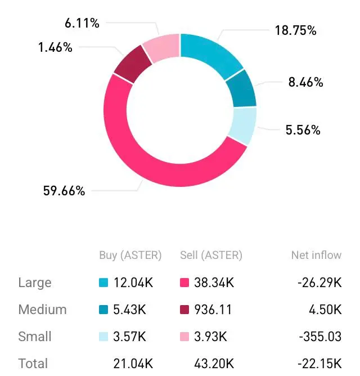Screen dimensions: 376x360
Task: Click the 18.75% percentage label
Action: [x=295, y=30]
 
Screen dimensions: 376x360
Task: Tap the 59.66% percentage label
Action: [x=64, y=191]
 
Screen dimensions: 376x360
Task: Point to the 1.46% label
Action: [x=55, y=47]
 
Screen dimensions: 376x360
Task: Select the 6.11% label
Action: [x=82, y=23]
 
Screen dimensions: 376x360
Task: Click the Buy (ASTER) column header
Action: [x=130, y=255]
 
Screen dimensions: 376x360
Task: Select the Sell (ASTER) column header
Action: [x=211, y=255]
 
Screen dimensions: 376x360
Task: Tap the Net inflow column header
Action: [x=316, y=255]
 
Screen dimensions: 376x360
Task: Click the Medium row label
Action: [x=42, y=310]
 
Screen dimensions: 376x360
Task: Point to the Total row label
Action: [x=33, y=364]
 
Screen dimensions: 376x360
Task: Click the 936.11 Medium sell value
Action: [x=213, y=310]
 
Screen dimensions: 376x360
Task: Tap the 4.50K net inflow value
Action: [x=327, y=310]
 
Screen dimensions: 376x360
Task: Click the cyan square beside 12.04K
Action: [x=103, y=283]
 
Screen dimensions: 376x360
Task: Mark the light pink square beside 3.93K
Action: [x=184, y=337]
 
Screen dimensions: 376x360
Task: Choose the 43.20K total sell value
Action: [x=213, y=364]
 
